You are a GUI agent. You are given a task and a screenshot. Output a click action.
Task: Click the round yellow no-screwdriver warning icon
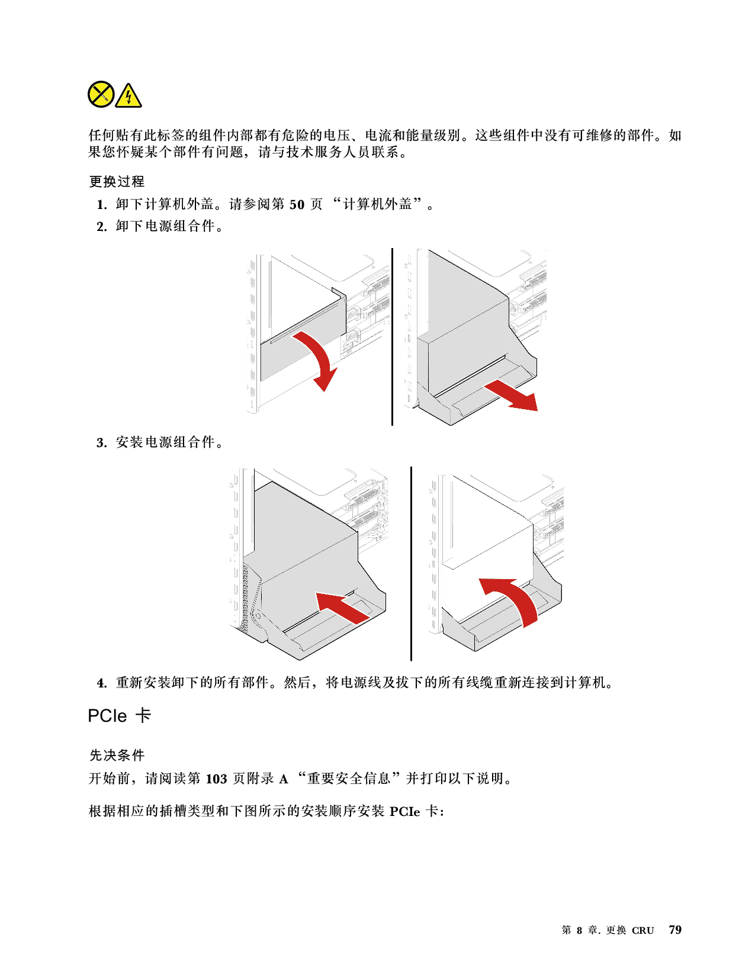pyautogui.click(x=101, y=94)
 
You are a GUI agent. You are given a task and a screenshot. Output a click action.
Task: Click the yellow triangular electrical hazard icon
pyautogui.click(x=128, y=95)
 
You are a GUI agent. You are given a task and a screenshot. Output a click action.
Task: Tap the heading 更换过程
pyautogui.click(x=117, y=182)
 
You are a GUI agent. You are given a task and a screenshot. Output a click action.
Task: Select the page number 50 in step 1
pyautogui.click(x=297, y=205)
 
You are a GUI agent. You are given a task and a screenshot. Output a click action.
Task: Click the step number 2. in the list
pyautogui.click(x=102, y=227)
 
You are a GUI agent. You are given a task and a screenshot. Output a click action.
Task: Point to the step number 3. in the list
pyautogui.click(x=102, y=443)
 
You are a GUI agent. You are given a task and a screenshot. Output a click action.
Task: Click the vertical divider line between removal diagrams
pyautogui.click(x=392, y=337)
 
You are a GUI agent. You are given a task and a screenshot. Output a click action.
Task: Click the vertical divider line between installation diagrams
pyautogui.click(x=411, y=564)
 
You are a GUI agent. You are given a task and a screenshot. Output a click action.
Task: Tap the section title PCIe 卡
pyautogui.click(x=120, y=716)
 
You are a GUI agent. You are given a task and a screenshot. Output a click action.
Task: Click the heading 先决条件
pyautogui.click(x=117, y=756)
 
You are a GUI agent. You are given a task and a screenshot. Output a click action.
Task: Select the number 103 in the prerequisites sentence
pyautogui.click(x=216, y=779)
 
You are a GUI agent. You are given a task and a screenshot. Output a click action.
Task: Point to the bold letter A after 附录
pyautogui.click(x=283, y=779)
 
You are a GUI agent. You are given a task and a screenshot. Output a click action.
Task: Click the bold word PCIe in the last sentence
pyautogui.click(x=404, y=812)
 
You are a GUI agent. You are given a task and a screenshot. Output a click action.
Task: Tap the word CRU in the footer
pyautogui.click(x=642, y=931)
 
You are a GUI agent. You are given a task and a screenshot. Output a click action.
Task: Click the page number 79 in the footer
pyautogui.click(x=675, y=930)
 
